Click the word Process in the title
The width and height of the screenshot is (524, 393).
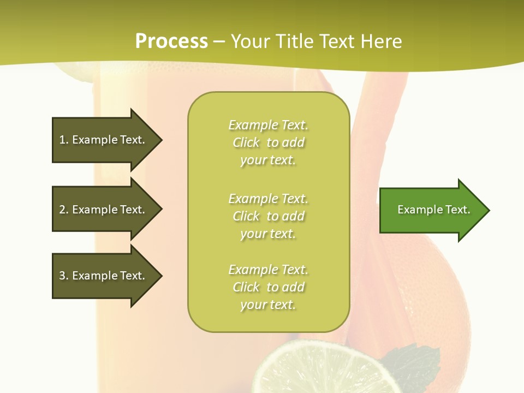(171, 41)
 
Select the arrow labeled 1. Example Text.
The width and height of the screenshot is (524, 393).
(104, 140)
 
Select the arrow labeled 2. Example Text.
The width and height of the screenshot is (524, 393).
(104, 210)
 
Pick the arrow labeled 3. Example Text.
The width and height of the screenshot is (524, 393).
(104, 276)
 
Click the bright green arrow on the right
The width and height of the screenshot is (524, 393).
(431, 210)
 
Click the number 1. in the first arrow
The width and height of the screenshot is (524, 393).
(64, 140)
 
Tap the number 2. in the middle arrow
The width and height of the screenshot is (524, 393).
(64, 210)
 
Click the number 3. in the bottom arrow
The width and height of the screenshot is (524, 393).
(64, 276)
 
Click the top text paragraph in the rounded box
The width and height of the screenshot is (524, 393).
(268, 142)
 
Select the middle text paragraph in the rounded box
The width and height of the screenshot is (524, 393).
(268, 216)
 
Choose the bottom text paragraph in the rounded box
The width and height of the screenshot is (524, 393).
(268, 287)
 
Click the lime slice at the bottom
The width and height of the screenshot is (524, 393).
(322, 368)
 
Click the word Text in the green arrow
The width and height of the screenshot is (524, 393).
(458, 210)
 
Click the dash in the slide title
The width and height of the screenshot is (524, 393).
(219, 41)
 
